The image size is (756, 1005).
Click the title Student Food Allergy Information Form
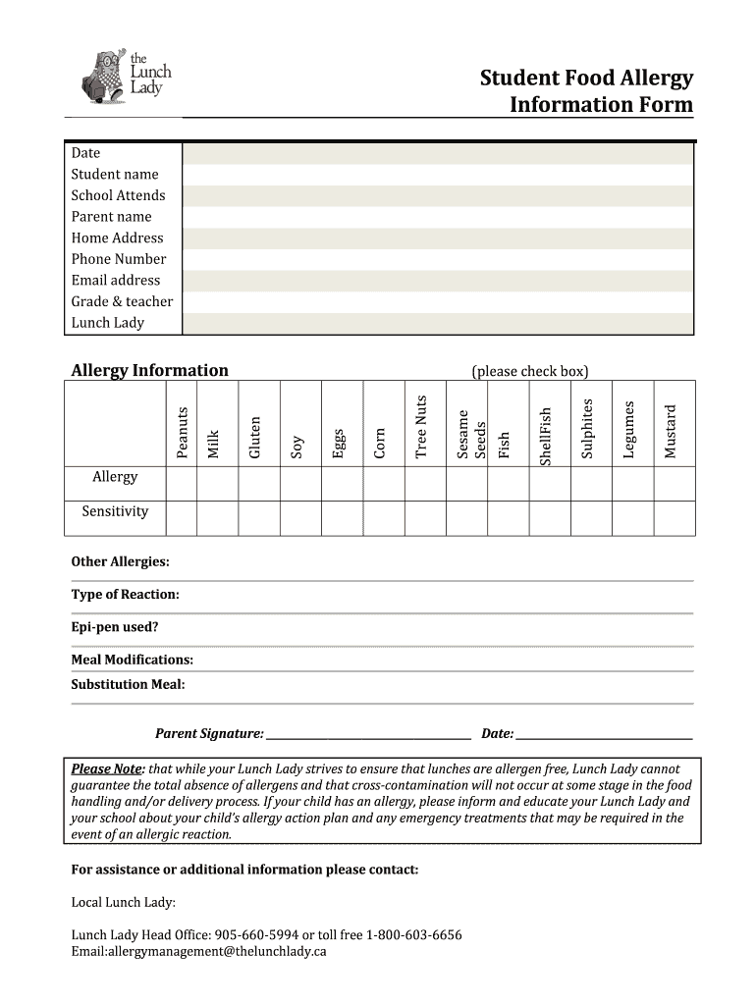[586, 91]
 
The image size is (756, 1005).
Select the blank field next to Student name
[437, 175]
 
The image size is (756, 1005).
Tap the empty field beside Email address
[437, 281]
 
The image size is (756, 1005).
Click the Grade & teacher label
[122, 301]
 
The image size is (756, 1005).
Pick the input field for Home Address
[437, 238]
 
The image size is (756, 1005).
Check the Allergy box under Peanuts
[182, 483]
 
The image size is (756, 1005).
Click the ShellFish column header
[547, 436]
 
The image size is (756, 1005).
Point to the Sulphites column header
[588, 428]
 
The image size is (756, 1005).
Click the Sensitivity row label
[115, 511]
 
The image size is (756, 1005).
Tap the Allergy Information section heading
[149, 370]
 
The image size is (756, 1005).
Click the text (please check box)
[529, 371]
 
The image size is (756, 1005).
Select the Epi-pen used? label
[114, 627]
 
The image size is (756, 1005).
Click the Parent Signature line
[368, 734]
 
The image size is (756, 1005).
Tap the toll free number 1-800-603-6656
[413, 934]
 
